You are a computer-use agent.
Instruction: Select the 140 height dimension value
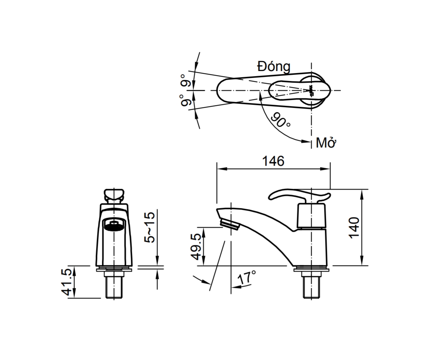354,227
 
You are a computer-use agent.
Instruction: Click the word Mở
325,143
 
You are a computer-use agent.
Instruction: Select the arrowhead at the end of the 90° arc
305,141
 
